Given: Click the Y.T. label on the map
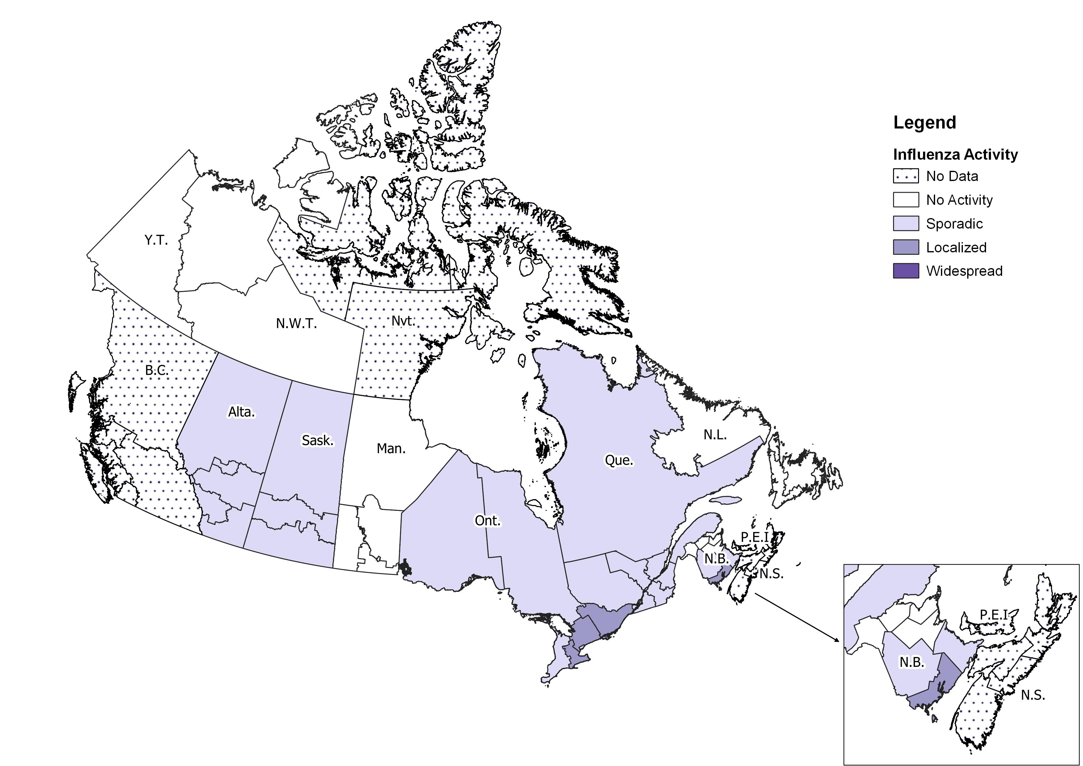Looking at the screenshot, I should [156, 241].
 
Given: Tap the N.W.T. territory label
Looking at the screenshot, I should [296, 324].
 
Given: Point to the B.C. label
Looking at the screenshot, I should [157, 370].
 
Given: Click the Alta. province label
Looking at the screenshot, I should [241, 412].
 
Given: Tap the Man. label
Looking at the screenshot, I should [391, 448].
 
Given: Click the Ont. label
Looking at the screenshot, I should [487, 521].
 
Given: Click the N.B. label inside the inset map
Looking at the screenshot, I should [912, 662].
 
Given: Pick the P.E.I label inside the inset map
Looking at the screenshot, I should [994, 615].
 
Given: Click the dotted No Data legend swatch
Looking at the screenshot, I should [906, 176].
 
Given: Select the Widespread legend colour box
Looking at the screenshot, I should [906, 271].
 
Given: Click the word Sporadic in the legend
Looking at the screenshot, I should [954, 224].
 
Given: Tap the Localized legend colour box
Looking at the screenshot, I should [906, 248].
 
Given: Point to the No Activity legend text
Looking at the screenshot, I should [959, 200].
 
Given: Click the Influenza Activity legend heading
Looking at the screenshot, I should [955, 155].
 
